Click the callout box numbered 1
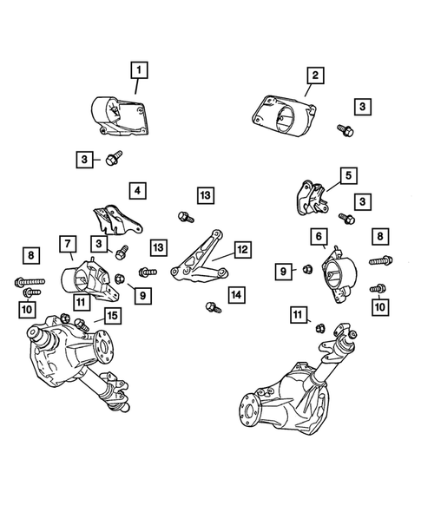[x=139, y=70]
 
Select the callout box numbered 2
[x=315, y=75]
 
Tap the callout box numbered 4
[x=137, y=190]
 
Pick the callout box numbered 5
[x=348, y=175]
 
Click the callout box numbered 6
[x=319, y=236]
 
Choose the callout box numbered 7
[x=68, y=244]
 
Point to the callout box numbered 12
[x=243, y=250]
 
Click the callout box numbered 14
[x=236, y=295]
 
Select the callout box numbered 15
[x=113, y=316]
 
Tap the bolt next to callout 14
[x=214, y=307]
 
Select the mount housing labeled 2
[x=284, y=115]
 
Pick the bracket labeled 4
[x=117, y=220]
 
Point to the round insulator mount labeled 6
[x=339, y=274]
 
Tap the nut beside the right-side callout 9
[x=307, y=269]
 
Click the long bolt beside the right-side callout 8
[x=381, y=260]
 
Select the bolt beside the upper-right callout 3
[x=345, y=130]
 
